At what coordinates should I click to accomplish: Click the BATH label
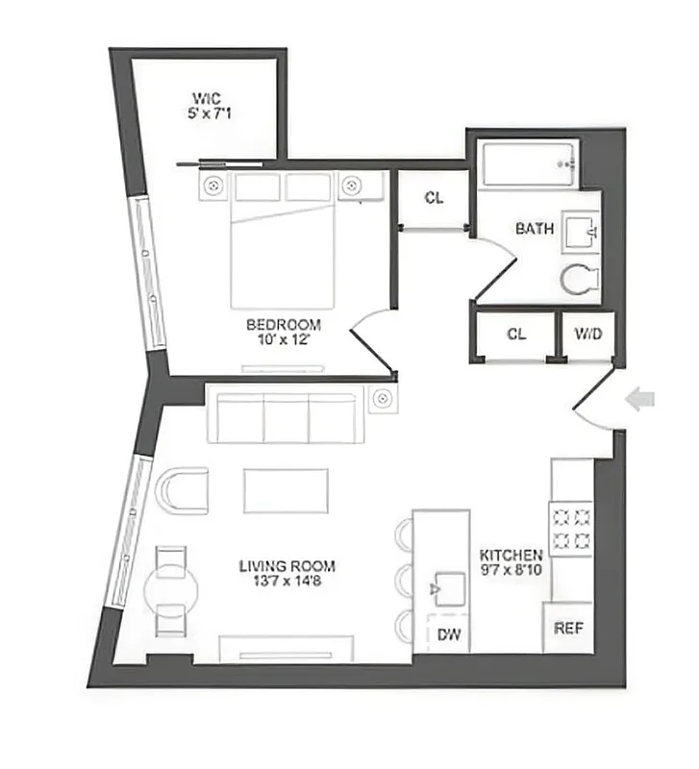[x=535, y=229]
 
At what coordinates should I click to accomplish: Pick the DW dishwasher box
[x=448, y=634]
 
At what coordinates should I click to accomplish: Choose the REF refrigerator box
[x=567, y=629]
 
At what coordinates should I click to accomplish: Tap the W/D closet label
[x=588, y=335]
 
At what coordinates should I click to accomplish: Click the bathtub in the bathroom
[x=530, y=164]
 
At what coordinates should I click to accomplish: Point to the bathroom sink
[x=581, y=232]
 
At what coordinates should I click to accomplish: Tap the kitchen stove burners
[x=570, y=528]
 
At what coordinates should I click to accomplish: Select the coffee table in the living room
[x=287, y=490]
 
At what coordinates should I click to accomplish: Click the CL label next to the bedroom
[x=435, y=198]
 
